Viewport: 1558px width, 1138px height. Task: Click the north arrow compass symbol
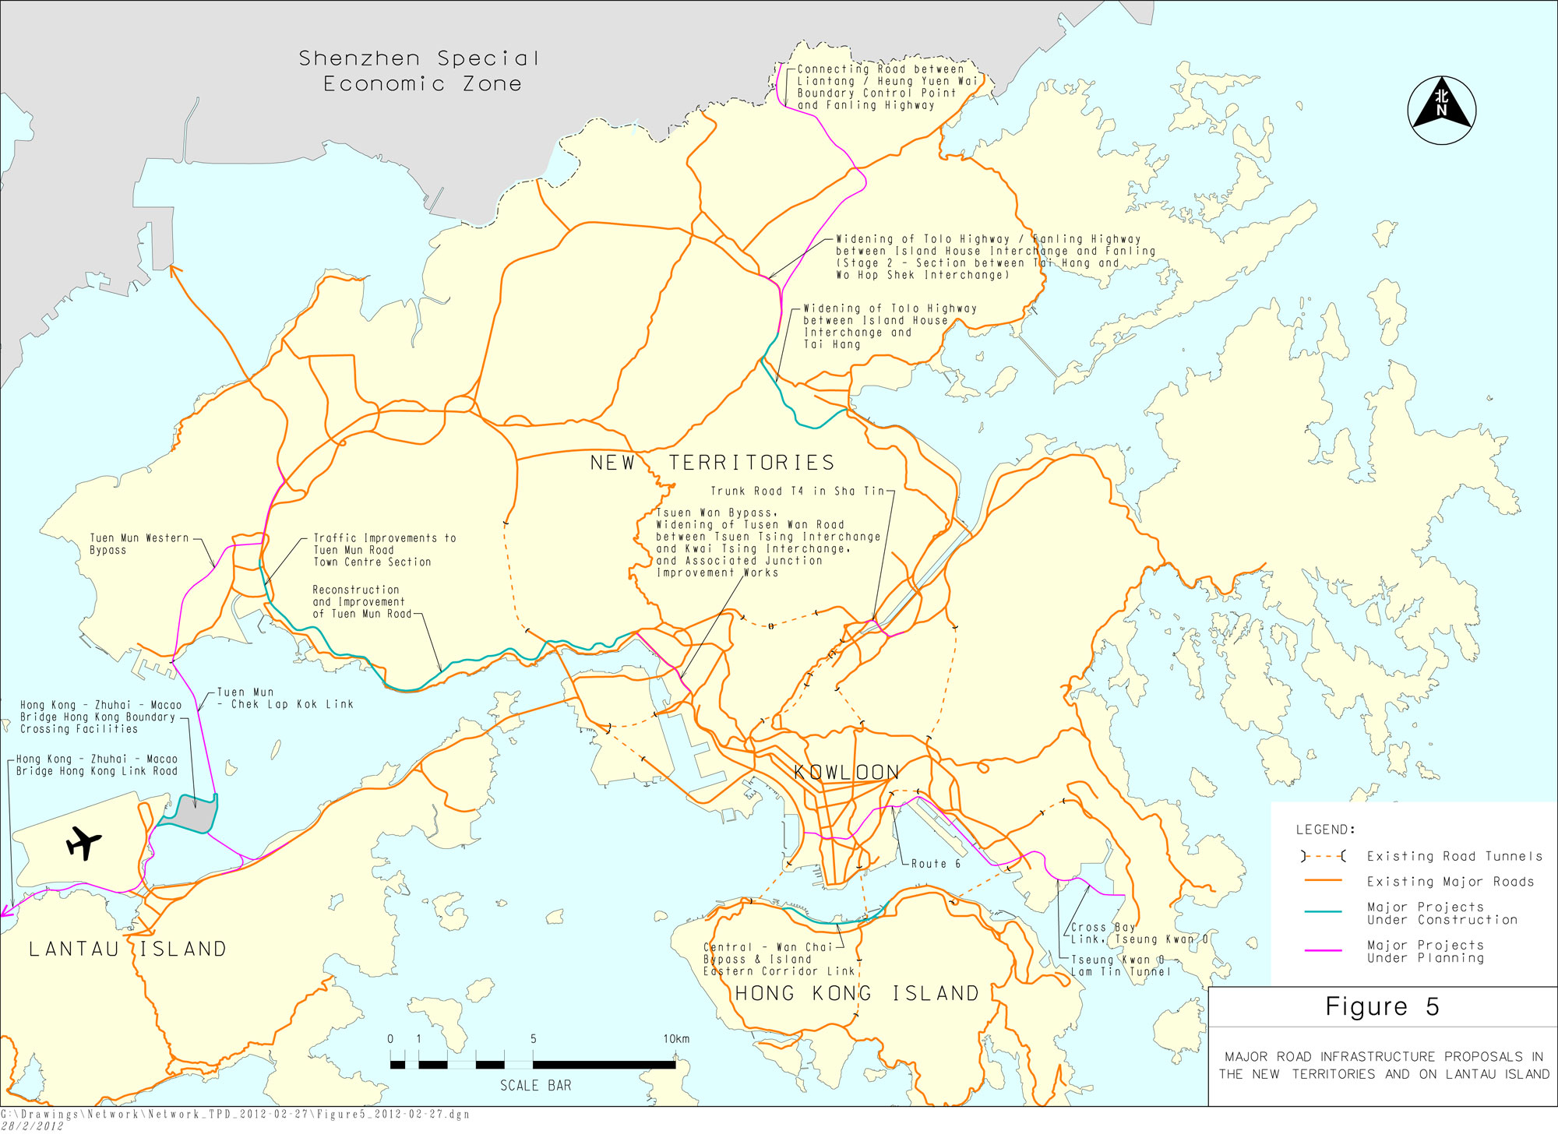[1441, 110]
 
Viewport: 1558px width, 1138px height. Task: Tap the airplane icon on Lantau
[83, 842]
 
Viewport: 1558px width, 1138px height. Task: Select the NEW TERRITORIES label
[712, 463]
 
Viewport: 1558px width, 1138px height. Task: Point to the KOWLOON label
[846, 772]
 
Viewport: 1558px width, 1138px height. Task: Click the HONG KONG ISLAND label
[857, 993]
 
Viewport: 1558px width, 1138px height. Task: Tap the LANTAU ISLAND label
[128, 949]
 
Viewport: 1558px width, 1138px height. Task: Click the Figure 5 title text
[1382, 1006]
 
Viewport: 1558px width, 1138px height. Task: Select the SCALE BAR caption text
[535, 1085]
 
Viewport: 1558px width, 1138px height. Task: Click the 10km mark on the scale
[675, 1039]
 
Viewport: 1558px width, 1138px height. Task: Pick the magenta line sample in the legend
[1323, 950]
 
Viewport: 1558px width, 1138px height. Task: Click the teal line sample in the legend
[1323, 911]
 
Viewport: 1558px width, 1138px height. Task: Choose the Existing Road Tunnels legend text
[1454, 856]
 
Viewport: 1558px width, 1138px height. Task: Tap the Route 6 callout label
[936, 864]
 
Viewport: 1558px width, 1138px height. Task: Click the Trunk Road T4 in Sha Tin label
[797, 491]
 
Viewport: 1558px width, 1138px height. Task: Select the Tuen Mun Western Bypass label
[139, 544]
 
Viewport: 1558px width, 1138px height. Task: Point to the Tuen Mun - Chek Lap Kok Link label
[285, 698]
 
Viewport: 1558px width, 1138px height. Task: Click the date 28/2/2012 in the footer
[32, 1126]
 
